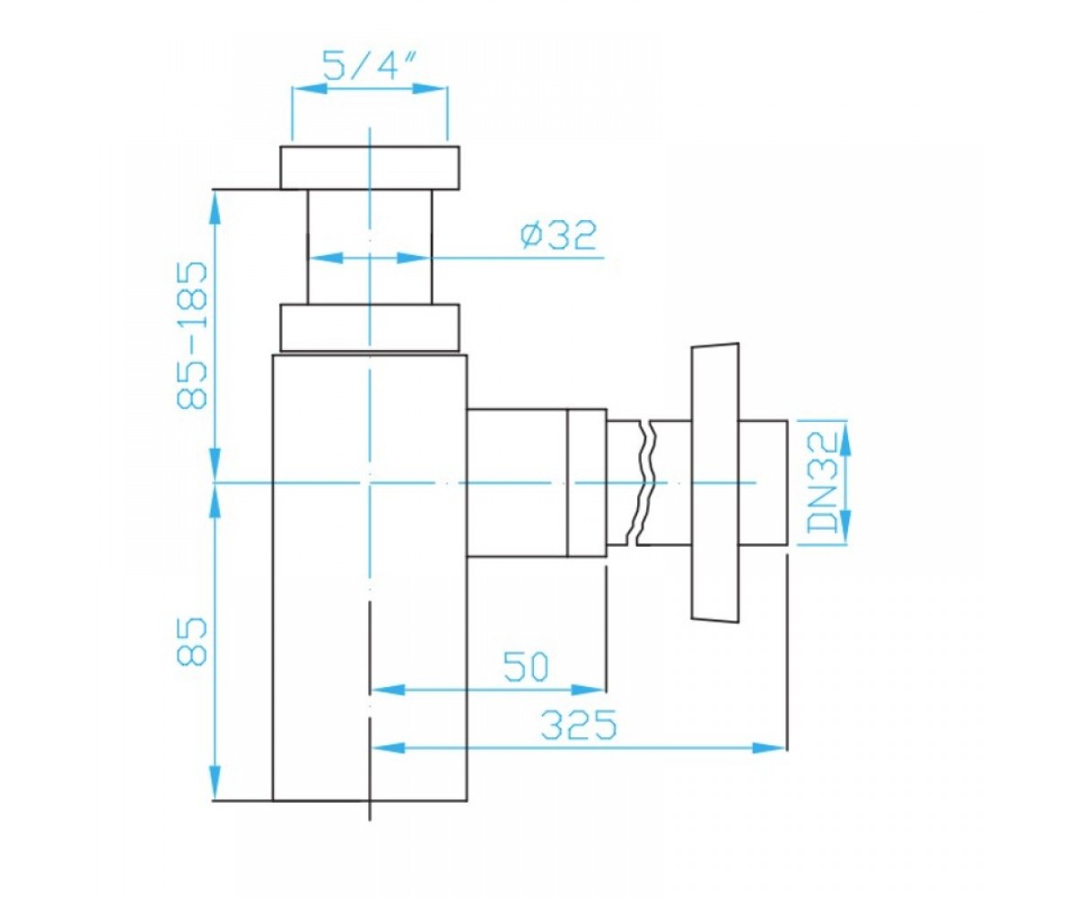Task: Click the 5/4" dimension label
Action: pyautogui.click(x=369, y=65)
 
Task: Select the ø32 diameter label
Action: pyautogui.click(x=558, y=234)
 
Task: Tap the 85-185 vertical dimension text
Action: pyautogui.click(x=192, y=336)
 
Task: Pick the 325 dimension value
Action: pyautogui.click(x=578, y=725)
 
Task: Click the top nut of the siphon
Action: pyautogui.click(x=370, y=168)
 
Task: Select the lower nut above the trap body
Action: pyautogui.click(x=370, y=329)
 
